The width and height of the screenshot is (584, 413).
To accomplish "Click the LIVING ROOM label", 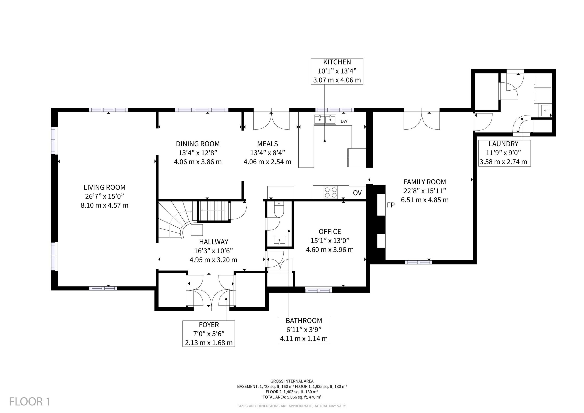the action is (x=104, y=187).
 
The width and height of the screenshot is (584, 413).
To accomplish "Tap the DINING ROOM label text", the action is (x=198, y=144).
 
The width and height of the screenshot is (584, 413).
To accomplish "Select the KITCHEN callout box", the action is (x=337, y=71).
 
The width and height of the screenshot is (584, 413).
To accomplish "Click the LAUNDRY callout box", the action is (x=504, y=153).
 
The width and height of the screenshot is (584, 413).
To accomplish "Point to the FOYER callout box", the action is (x=209, y=334).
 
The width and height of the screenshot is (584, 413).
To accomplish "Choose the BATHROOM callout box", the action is (x=304, y=330).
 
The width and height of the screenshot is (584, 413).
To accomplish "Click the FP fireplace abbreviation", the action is (x=391, y=205).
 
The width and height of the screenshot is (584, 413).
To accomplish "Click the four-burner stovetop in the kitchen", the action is (x=331, y=192).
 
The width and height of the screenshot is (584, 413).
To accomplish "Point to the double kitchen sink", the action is (x=325, y=119).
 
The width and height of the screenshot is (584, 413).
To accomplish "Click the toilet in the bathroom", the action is (x=279, y=209).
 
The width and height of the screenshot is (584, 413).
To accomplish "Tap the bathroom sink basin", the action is (x=279, y=240).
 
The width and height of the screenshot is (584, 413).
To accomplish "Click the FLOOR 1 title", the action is (x=30, y=402).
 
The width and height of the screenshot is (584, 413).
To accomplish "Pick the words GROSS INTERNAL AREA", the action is (x=292, y=381).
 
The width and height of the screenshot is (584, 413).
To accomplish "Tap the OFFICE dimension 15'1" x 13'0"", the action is (x=330, y=240).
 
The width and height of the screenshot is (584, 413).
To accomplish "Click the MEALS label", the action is (x=267, y=144).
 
